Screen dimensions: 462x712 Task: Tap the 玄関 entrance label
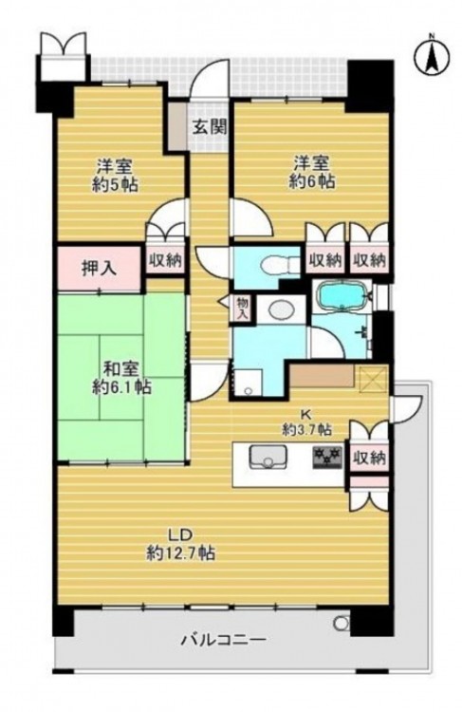pyautogui.click(x=209, y=127)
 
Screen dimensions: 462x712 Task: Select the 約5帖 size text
pyautogui.click(x=115, y=185)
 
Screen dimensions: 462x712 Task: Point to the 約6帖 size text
pyautogui.click(x=312, y=181)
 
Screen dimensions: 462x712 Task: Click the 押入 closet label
pyautogui.click(x=99, y=269)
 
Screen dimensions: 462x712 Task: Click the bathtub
pyautogui.click(x=342, y=295)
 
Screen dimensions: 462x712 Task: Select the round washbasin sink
pyautogui.click(x=282, y=309)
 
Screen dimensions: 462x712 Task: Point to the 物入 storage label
pyautogui.click(x=241, y=309)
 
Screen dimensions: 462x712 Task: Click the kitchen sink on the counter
pyautogui.click(x=268, y=457)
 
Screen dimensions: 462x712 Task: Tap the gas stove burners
pyautogui.click(x=326, y=458)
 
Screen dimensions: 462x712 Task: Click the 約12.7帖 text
pyautogui.click(x=180, y=553)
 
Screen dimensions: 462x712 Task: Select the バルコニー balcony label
pyautogui.click(x=223, y=641)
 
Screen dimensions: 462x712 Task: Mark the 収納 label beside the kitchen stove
pyautogui.click(x=370, y=459)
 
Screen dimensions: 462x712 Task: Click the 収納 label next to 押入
pyautogui.click(x=165, y=261)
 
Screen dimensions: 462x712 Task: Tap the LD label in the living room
pyautogui.click(x=180, y=534)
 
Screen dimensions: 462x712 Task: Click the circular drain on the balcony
pyautogui.click(x=341, y=623)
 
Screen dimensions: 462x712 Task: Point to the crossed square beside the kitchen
pyautogui.click(x=372, y=380)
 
